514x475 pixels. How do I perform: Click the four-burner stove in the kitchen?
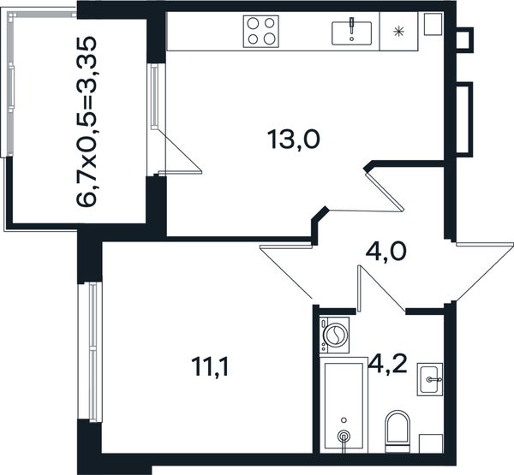click(261, 32)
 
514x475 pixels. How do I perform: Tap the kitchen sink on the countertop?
click(351, 33)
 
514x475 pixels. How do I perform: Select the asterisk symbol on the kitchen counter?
click(398, 32)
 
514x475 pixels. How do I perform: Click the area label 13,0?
click(293, 140)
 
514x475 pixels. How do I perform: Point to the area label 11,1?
click(210, 367)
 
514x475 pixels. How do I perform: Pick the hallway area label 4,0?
click(385, 252)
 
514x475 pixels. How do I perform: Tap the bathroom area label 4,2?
click(387, 364)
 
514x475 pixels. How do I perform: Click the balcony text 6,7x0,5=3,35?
click(87, 122)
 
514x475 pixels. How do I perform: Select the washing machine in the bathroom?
click(334, 335)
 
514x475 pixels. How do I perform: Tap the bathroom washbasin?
click(430, 379)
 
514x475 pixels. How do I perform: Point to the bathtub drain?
click(344, 436)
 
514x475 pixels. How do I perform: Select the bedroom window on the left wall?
click(90, 352)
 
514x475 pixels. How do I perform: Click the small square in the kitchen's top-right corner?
click(433, 24)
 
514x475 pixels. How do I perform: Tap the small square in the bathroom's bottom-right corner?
click(432, 443)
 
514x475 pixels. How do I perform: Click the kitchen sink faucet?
click(351, 27)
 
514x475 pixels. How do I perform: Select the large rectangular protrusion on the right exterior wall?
click(465, 119)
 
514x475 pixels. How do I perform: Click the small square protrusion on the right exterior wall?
click(465, 39)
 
